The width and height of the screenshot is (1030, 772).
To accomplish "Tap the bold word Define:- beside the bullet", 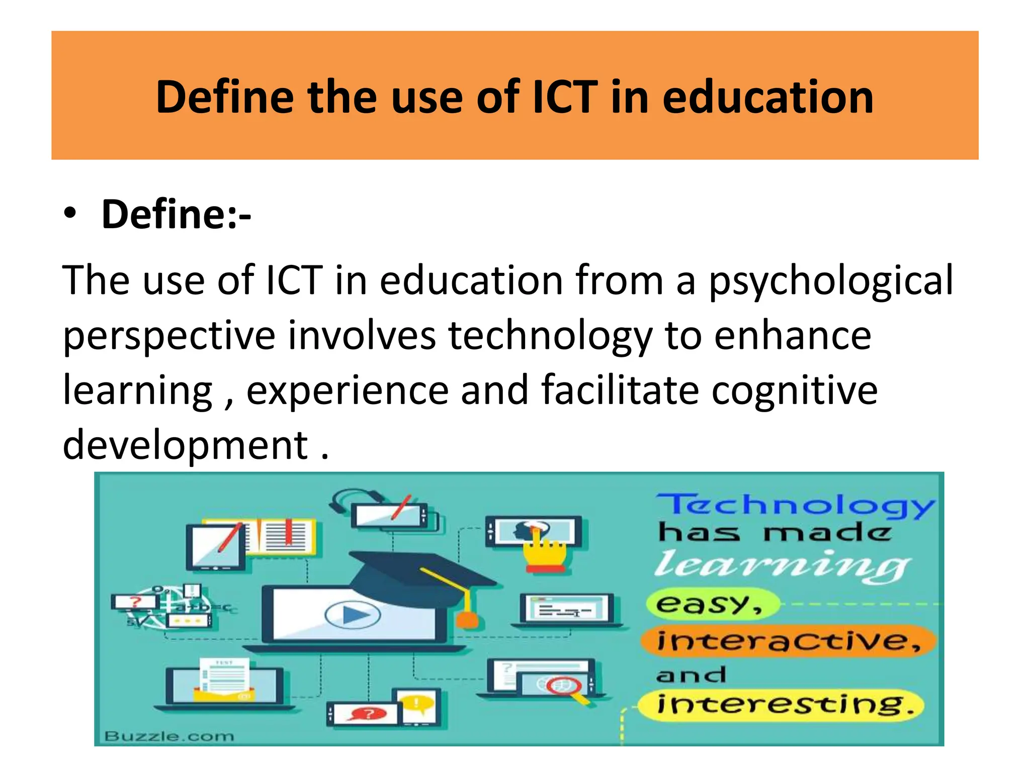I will (176, 215).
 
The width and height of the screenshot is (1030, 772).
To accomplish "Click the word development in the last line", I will (185, 446).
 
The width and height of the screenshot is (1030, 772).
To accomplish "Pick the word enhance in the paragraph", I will (793, 336).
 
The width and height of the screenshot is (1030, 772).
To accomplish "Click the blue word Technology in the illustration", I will (795, 505).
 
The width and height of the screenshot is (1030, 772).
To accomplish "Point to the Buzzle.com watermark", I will (169, 736).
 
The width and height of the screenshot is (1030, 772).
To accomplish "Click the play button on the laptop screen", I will (353, 615).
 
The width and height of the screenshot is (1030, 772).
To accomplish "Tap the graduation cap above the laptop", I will (422, 570).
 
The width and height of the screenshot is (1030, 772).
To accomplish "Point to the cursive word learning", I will (783, 565).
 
